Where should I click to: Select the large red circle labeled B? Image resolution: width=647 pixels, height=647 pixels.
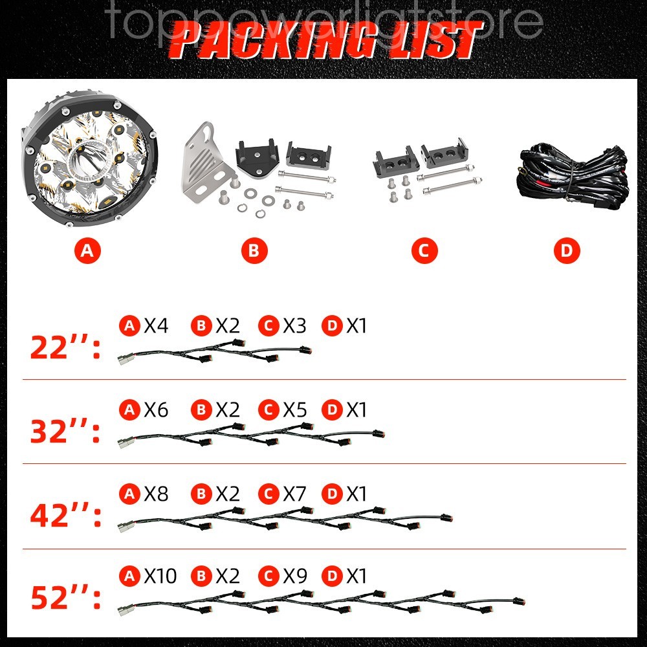click(x=254, y=252)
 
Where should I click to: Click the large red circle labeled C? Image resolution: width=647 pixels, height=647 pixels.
click(x=424, y=252)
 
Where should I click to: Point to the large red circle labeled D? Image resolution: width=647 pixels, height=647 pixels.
click(x=567, y=252)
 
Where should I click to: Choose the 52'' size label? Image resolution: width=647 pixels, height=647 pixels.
click(x=65, y=599)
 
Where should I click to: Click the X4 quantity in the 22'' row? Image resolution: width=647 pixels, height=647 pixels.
click(x=156, y=326)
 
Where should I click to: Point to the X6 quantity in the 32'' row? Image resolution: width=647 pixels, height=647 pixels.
click(x=156, y=410)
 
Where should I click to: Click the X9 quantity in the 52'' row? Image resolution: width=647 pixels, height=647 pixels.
click(x=295, y=576)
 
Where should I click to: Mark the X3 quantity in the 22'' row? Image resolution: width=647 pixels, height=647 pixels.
click(x=295, y=326)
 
